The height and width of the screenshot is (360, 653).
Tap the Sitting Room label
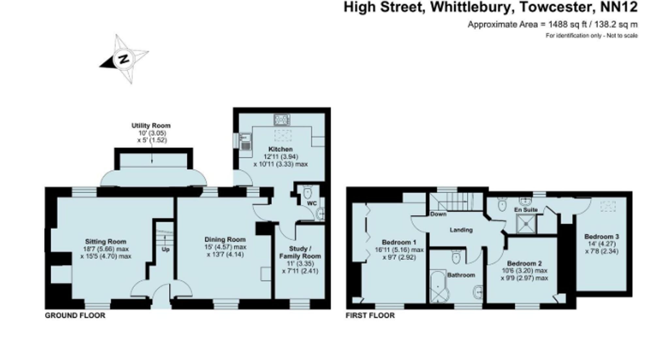(x=105, y=242)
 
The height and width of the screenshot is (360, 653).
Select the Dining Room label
(x=225, y=239)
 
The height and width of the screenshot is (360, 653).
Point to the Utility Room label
(x=151, y=126)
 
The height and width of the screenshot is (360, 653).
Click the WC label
(x=312, y=204)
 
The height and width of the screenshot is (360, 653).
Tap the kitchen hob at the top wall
(x=282, y=120)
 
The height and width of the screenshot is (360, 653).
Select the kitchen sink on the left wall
(x=245, y=142)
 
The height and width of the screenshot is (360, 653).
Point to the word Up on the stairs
(x=166, y=250)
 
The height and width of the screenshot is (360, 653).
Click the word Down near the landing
(x=438, y=214)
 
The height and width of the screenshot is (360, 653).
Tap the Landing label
(x=461, y=230)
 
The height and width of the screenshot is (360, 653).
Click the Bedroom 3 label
(x=601, y=237)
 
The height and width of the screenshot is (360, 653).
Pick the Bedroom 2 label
(x=524, y=263)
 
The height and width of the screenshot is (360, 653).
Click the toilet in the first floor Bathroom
(x=456, y=257)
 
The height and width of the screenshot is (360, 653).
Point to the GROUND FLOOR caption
(x=75, y=316)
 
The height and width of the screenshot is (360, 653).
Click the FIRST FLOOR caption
(x=370, y=316)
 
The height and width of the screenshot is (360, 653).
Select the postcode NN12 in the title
(x=619, y=7)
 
